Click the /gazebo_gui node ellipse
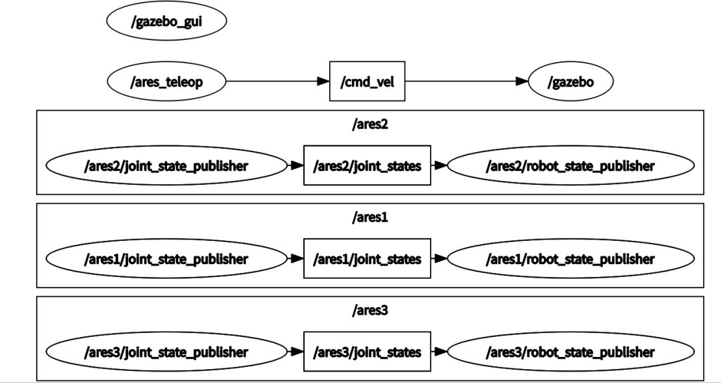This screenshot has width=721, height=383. coord(166,21)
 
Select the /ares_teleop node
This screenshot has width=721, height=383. coord(166,82)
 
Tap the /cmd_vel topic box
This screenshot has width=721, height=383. coord(367,81)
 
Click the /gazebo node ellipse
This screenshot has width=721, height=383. coord(570,82)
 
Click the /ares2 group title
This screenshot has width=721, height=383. coord(369,125)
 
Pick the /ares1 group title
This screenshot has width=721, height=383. coord(369,218)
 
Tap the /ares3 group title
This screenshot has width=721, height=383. coord(369,310)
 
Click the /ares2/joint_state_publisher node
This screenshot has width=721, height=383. coord(166,165)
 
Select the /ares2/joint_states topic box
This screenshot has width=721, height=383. coord(367,165)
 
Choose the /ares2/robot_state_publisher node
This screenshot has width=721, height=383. coord(570,165)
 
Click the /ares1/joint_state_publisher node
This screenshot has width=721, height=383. coord(166,259)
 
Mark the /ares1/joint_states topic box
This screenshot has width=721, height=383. coord(367,259)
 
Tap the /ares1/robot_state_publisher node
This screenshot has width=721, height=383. coord(570,259)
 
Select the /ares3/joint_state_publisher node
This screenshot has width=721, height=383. coord(166,352)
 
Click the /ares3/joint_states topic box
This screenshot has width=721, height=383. coord(367,352)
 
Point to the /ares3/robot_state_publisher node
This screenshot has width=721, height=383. coord(570,352)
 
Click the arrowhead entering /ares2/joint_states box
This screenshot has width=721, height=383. coord(297,165)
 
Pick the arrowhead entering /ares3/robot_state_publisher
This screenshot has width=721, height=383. coord(441,352)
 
